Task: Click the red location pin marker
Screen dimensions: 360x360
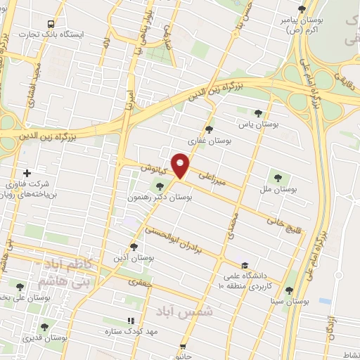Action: click(x=180, y=165)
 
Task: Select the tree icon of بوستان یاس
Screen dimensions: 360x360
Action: click(x=258, y=112)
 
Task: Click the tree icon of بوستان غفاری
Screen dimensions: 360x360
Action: click(x=209, y=129)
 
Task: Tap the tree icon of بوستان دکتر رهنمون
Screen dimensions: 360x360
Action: click(x=160, y=186)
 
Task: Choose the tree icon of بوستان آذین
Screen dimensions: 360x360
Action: click(x=134, y=246)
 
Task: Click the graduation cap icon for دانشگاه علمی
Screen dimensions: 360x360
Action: click(x=244, y=265)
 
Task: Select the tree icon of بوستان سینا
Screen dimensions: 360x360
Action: click(x=288, y=290)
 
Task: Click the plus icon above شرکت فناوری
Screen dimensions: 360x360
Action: click(x=27, y=173)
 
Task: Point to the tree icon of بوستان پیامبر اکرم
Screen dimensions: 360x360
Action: click(x=302, y=9)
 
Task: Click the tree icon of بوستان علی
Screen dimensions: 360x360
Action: click(x=20, y=286)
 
